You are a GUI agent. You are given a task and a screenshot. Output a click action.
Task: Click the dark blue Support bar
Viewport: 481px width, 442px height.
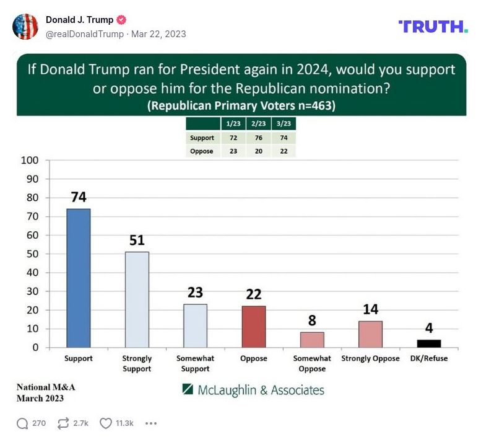pyautogui.click(x=79, y=278)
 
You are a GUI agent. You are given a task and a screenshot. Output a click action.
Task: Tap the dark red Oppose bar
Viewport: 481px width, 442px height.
pyautogui.click(x=254, y=327)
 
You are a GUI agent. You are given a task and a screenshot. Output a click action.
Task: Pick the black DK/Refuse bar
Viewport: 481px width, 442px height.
pyautogui.click(x=429, y=343)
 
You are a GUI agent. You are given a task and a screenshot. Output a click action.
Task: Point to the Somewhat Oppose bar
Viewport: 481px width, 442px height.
pyautogui.click(x=312, y=340)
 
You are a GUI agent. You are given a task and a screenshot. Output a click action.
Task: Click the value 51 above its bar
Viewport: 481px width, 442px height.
pyautogui.click(x=137, y=241)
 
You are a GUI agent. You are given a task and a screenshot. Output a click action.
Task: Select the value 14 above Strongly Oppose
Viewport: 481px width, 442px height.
pyautogui.click(x=370, y=309)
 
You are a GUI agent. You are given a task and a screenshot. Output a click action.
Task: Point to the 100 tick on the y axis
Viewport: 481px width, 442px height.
pyautogui.click(x=31, y=161)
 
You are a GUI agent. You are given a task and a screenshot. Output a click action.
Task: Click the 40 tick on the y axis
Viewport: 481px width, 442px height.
pyautogui.click(x=33, y=273)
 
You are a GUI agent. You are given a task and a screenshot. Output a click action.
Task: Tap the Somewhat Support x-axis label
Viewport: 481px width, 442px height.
pyautogui.click(x=195, y=363)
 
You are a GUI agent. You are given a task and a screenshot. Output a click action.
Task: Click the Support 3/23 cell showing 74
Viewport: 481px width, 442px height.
pyautogui.click(x=283, y=138)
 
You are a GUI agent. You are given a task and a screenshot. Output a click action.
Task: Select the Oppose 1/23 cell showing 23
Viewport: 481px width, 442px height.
pyautogui.click(x=233, y=151)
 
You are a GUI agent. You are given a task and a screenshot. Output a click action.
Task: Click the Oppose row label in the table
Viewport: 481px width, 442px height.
pyautogui.click(x=202, y=151)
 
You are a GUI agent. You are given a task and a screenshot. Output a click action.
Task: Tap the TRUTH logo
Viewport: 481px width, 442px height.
pyautogui.click(x=433, y=26)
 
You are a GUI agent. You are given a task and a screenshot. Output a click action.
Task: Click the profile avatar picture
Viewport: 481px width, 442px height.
pyautogui.click(x=25, y=27)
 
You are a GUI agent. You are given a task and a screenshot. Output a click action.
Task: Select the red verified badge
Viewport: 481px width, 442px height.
pyautogui.click(x=122, y=20)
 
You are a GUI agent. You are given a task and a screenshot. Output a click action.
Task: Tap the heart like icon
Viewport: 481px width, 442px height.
pyautogui.click(x=106, y=423)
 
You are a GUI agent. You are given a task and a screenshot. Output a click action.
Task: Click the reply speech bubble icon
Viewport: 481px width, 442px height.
pyautogui.click(x=23, y=423)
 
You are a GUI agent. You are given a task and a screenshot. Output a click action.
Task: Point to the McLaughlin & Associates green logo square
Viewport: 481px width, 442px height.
pyautogui.click(x=188, y=389)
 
